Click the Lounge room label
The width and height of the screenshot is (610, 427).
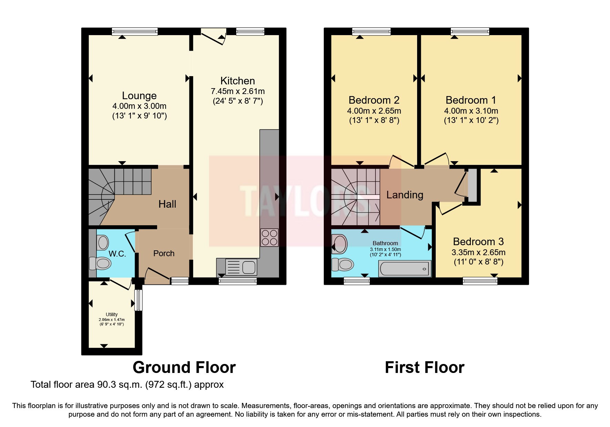[x=139, y=96]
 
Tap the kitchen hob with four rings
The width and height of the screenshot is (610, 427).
[x=269, y=237]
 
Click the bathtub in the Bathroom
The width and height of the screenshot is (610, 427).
[x=405, y=269]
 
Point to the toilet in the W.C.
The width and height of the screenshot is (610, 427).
[x=101, y=264]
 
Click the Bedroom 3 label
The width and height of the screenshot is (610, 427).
[x=478, y=242]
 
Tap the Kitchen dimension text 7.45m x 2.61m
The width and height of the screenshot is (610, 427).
[x=238, y=92]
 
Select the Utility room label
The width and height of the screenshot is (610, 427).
[x=112, y=314]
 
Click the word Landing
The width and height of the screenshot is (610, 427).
[x=405, y=195]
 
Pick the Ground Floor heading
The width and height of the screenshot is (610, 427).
[x=184, y=367]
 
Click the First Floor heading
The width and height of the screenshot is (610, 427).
[x=424, y=367]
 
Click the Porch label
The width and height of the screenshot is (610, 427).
[x=164, y=253]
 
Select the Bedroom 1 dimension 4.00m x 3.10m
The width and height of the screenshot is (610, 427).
[x=471, y=111]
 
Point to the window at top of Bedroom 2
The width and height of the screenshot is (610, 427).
[x=371, y=32]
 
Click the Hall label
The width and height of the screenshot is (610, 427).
[x=167, y=204]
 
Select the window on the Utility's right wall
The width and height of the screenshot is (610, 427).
[x=138, y=300]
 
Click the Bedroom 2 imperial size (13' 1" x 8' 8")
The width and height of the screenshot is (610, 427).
[x=374, y=121]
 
